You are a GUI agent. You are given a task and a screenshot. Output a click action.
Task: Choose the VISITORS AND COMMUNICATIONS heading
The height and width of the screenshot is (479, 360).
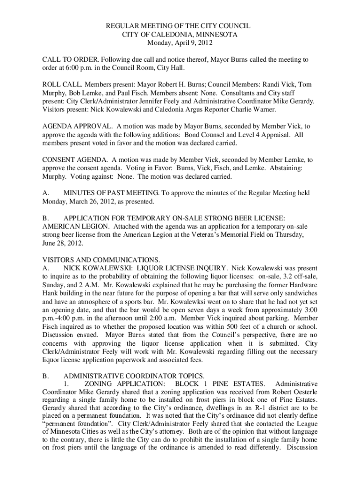click(x=101, y=260)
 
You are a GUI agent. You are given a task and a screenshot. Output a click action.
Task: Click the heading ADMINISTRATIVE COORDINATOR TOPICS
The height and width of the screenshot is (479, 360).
click(x=134, y=376)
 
